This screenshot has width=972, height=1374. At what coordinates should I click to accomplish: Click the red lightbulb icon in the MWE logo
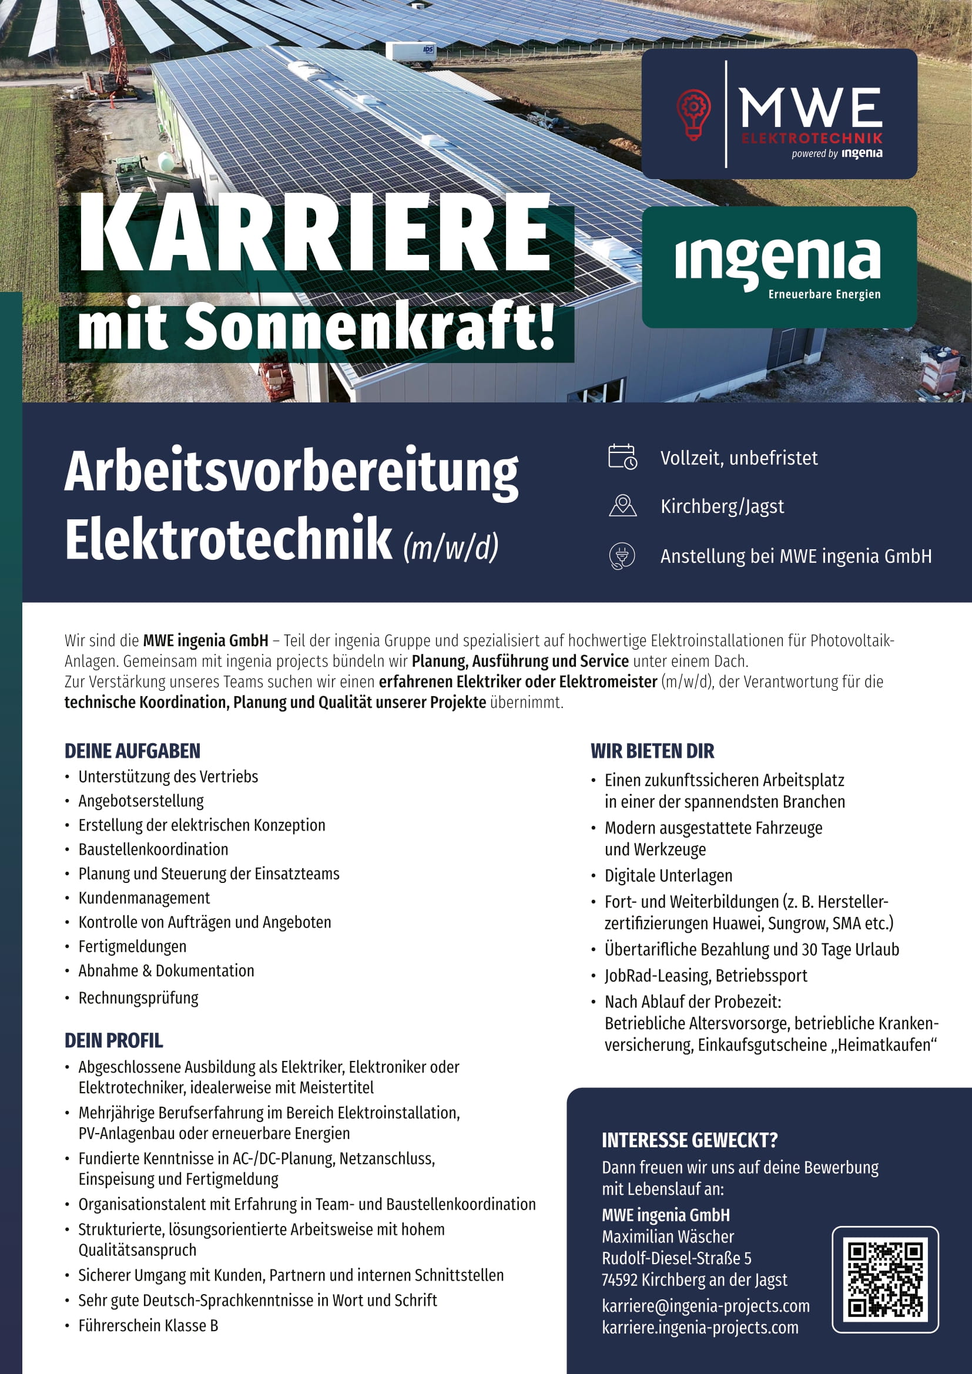(693, 114)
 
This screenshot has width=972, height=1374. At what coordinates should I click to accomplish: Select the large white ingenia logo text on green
(777, 260)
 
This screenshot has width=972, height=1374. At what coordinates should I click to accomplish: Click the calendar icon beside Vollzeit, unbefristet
(622, 457)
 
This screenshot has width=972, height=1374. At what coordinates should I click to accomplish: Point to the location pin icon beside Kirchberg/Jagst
(622, 506)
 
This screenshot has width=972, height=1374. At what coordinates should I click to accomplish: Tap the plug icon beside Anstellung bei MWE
(622, 556)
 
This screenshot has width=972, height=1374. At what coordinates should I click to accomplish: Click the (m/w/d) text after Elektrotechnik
(451, 546)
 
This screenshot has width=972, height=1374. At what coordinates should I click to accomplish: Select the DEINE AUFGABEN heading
(132, 751)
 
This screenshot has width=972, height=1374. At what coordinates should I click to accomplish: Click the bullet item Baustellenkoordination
(153, 849)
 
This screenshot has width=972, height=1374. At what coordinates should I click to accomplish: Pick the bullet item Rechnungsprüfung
(138, 997)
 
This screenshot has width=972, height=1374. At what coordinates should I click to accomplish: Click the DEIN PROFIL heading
(114, 1041)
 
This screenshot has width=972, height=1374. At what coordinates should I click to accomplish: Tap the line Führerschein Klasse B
(148, 1325)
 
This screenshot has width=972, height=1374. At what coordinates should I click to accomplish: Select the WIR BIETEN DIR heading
(652, 751)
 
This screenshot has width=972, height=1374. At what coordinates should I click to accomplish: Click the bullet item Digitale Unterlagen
(668, 875)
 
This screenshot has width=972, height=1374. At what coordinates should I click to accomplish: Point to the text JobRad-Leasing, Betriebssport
(706, 976)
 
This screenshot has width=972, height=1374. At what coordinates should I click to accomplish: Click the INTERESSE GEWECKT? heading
(689, 1141)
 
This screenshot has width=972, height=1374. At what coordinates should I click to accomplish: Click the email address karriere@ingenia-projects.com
(706, 1306)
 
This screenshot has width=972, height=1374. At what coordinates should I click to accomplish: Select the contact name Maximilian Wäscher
(668, 1237)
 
